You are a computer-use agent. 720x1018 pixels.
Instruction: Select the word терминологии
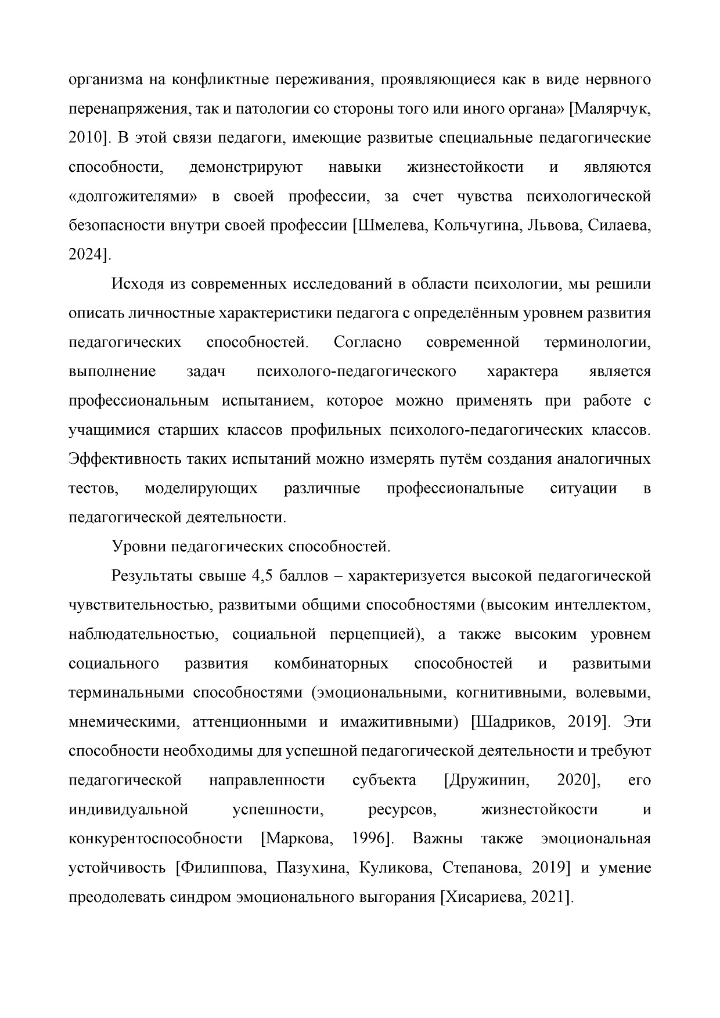pyautogui.click(x=596, y=342)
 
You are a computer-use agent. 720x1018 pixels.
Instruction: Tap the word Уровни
pyautogui.click(x=135, y=547)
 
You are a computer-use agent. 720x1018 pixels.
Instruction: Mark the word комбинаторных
pyautogui.click(x=331, y=663)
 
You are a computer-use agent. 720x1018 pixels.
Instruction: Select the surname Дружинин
pyautogui.click(x=487, y=780)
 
